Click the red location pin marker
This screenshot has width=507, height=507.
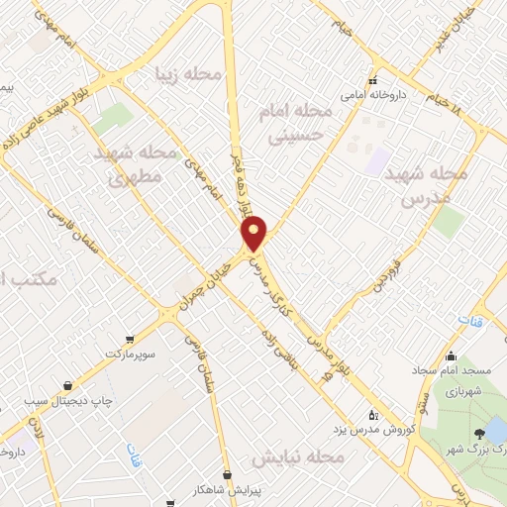point(254,235)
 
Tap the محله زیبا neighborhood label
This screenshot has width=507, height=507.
point(188,73)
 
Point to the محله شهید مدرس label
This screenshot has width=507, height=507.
point(425,185)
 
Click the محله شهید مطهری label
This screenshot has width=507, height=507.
point(140,166)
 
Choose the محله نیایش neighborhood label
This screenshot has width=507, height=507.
point(297,458)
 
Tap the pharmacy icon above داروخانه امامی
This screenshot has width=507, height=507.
point(373,81)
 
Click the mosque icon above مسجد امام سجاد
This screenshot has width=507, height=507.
point(452,357)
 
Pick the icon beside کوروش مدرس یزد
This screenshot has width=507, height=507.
point(372,415)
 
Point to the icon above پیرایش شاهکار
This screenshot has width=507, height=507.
point(229,474)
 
